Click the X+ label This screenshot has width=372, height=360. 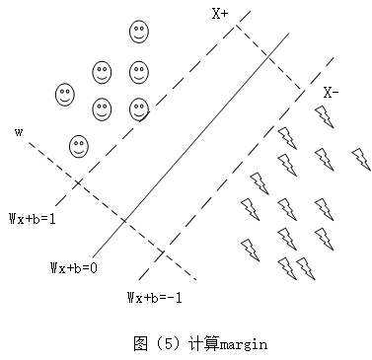[219, 14]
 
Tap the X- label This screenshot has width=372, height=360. [332, 93]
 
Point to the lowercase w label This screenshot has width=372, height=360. [19, 129]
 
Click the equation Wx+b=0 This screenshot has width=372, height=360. [74, 267]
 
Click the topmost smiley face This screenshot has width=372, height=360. [139, 31]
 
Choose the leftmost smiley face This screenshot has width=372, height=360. [65, 94]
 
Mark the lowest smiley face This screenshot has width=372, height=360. [79, 147]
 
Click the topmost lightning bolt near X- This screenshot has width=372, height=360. [323, 116]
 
